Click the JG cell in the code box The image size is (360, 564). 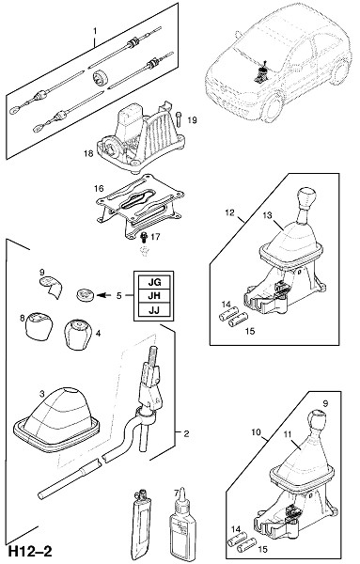pos(154,282)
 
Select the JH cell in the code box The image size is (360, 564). pos(154,296)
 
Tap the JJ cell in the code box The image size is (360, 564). pos(154,309)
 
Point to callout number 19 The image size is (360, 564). pos(193,120)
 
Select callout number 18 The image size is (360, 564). pos(88,153)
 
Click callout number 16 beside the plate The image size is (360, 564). pos(99,188)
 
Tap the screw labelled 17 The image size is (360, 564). pos(144,238)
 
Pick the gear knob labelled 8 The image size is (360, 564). pos(38,325)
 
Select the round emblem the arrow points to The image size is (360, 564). pos(86,295)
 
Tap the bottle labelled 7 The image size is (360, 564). pos(180,521)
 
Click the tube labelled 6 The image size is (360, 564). pos(142,522)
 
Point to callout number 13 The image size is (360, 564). pos(267,215)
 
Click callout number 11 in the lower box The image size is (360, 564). pos(287,434)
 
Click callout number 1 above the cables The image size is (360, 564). pos(95,31)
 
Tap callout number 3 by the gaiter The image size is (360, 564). pos(41,394)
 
